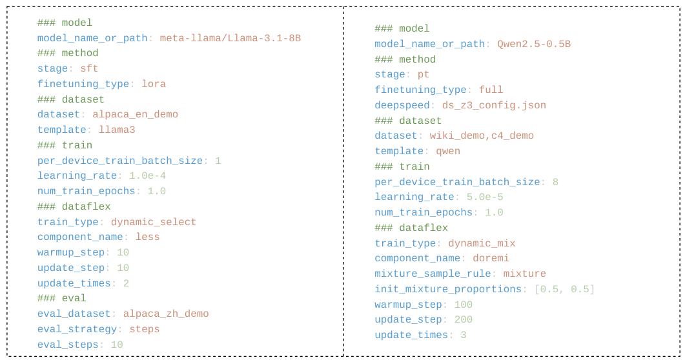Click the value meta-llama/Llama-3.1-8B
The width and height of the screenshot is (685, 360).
click(x=230, y=38)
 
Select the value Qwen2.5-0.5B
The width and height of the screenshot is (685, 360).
click(x=534, y=45)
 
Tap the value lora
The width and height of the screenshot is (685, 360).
click(x=154, y=84)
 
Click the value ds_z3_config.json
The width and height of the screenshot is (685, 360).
click(x=494, y=105)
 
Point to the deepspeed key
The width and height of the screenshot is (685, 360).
click(x=402, y=105)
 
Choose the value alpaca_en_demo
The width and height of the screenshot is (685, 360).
click(x=135, y=115)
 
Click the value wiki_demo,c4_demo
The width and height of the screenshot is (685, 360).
click(x=482, y=136)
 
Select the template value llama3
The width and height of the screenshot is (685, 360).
click(x=117, y=130)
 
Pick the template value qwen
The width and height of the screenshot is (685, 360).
click(x=448, y=152)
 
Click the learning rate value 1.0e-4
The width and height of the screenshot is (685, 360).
click(x=147, y=176)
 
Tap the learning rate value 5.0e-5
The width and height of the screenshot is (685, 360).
click(x=485, y=197)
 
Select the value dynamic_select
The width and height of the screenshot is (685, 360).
click(x=154, y=223)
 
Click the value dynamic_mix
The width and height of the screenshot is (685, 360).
click(x=482, y=244)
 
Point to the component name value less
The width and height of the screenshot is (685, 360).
click(x=147, y=237)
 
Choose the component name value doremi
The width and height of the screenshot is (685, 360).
click(x=491, y=259)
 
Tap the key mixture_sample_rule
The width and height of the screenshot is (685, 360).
click(x=433, y=274)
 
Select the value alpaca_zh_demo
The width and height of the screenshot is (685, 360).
click(x=166, y=314)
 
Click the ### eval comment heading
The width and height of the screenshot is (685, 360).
click(x=61, y=299)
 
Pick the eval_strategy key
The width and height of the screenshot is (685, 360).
click(x=77, y=330)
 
